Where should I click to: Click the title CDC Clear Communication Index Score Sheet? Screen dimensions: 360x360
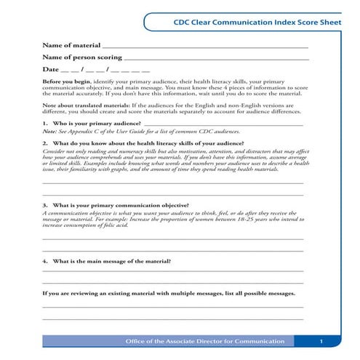pos(257,23)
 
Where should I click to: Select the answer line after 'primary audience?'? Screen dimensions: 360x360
pos(225,127)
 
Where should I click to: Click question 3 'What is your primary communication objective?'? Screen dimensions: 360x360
pos(120,206)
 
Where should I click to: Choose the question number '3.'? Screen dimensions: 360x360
pos(45,206)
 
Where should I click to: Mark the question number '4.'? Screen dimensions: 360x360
pos(45,260)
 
